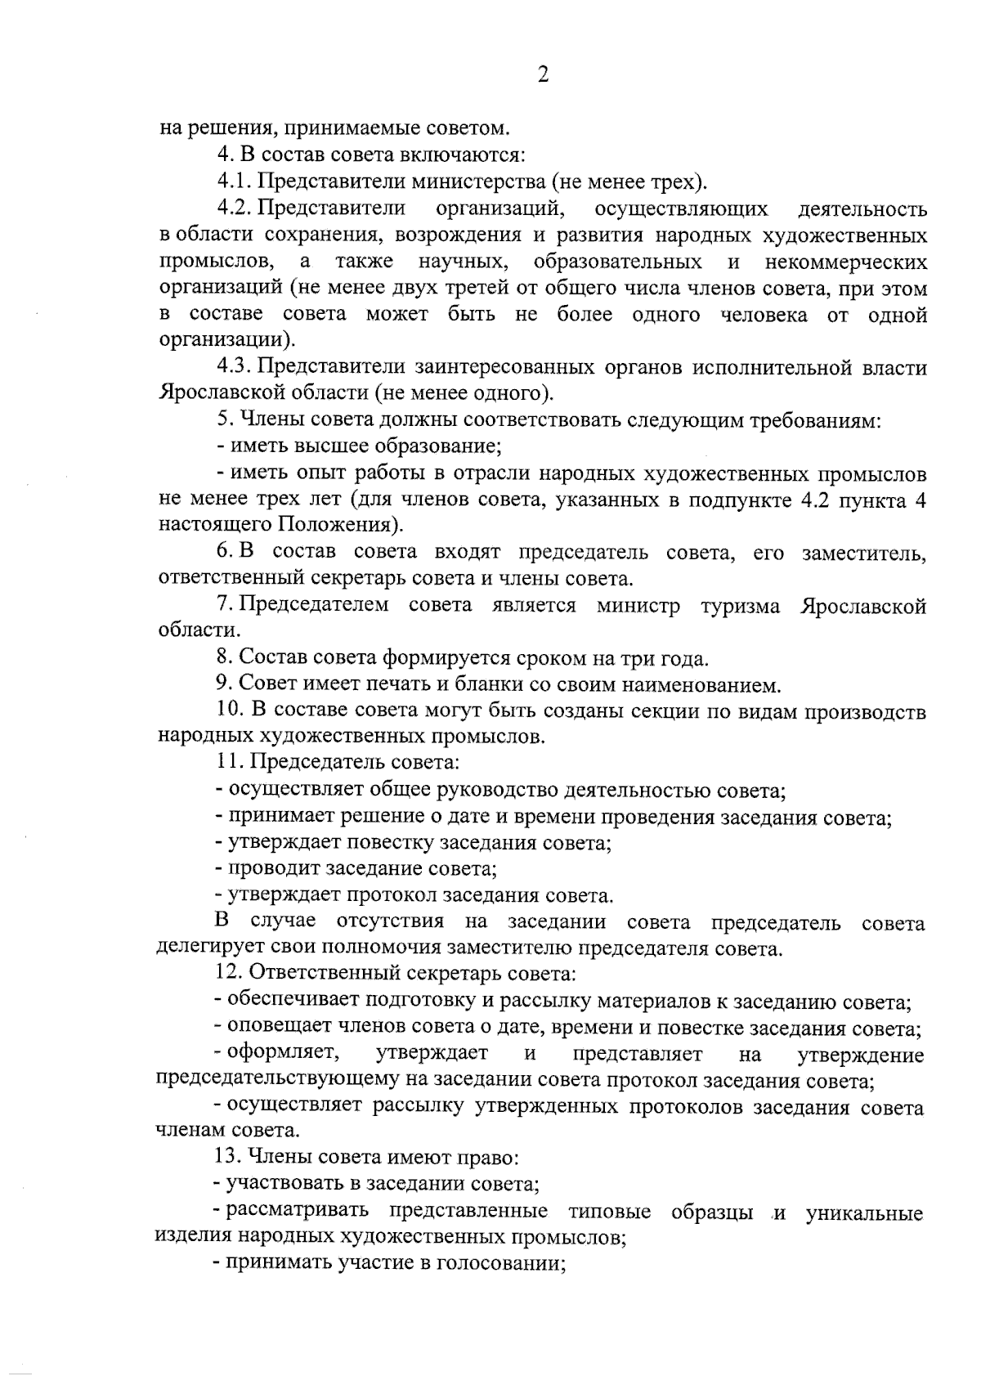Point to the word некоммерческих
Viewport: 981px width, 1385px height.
846,262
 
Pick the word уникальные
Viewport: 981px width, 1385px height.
864,1212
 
